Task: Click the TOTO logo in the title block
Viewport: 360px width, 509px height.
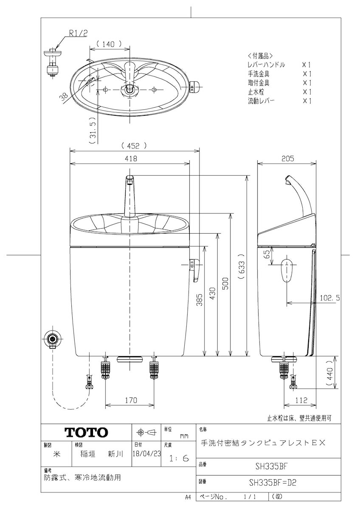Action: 86,432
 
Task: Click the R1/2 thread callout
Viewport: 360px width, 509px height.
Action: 78,34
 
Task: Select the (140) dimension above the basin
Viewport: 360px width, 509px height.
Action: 109,44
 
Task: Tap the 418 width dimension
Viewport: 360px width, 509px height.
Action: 131,158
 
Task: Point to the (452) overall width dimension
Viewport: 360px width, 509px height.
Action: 133,145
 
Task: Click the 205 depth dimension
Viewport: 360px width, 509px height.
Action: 288,158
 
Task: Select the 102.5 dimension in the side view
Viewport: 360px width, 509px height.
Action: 330,298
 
